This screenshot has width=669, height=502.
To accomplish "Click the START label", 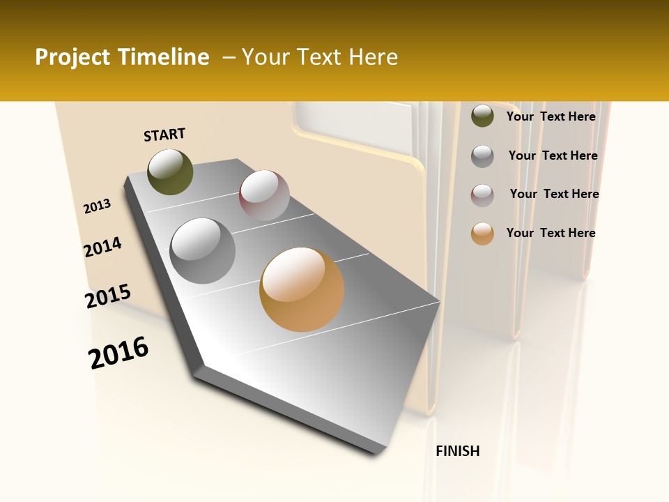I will tap(164, 135).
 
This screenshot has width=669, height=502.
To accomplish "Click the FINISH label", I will tap(457, 451).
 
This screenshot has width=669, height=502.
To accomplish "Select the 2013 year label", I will tap(98, 206).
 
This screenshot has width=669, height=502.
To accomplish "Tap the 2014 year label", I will tap(102, 247).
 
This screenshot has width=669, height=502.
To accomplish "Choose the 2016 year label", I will tap(118, 353).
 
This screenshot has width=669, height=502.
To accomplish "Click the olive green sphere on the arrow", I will tap(170, 172).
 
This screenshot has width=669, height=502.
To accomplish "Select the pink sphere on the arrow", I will tap(264, 195).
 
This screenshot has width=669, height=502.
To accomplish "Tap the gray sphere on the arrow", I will tap(203, 251).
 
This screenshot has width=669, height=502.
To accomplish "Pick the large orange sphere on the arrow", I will tap(302, 289).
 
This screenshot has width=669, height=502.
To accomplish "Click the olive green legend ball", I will tap(482, 116).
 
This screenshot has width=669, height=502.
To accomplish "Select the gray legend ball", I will tap(482, 156).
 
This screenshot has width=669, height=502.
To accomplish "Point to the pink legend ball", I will tap(482, 195).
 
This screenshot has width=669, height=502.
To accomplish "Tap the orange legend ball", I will tap(482, 234).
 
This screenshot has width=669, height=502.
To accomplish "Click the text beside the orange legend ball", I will tap(551, 233).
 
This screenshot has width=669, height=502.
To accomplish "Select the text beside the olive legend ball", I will tap(551, 116).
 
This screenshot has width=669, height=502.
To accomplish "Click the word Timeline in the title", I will tap(164, 57).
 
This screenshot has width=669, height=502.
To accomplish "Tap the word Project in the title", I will tap(72, 57).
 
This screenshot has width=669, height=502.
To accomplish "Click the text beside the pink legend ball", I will tap(554, 194).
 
